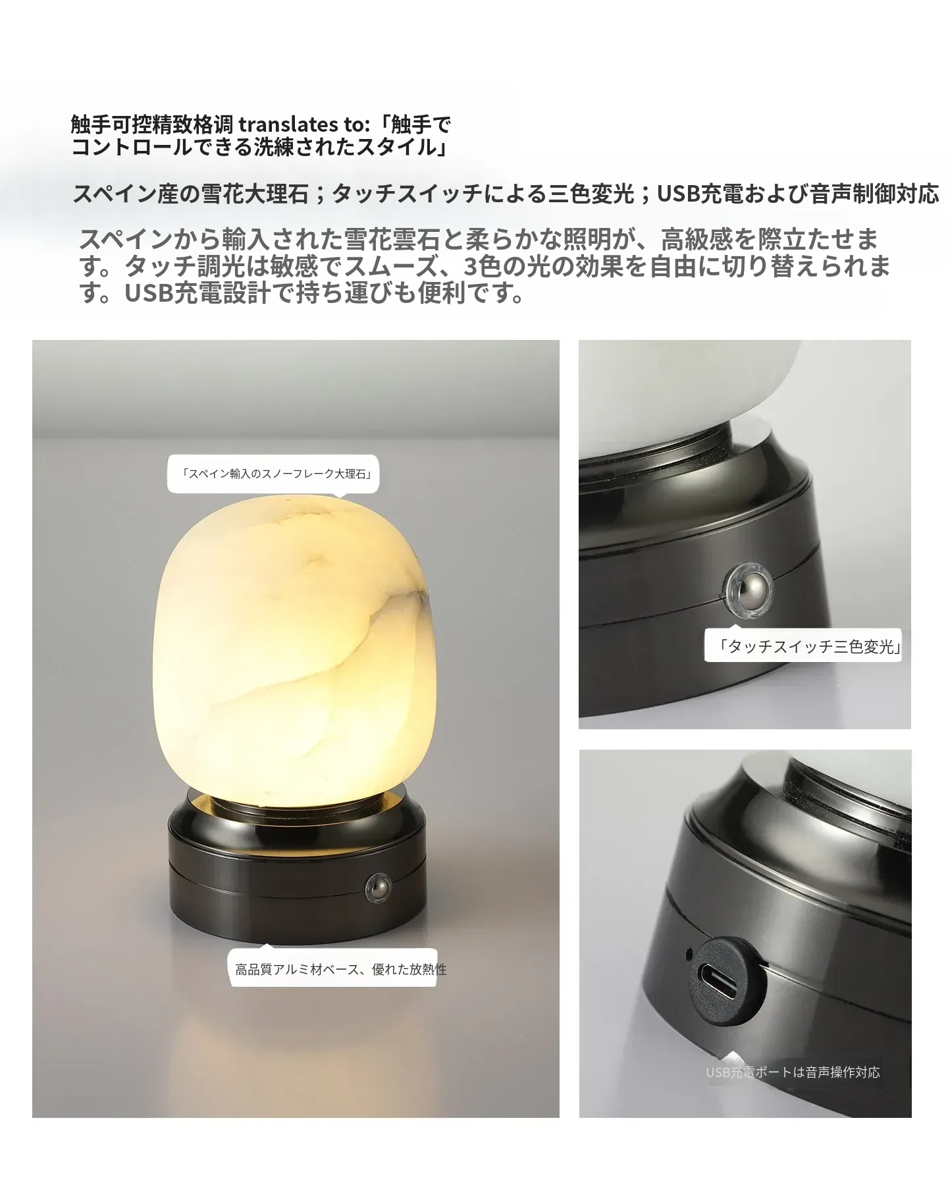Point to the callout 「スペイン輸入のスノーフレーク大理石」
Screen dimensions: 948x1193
273,474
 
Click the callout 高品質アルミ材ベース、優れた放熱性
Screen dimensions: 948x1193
341,969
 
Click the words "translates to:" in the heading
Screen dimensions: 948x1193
301,124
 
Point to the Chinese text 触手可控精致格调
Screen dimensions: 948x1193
152,124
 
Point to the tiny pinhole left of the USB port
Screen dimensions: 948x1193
689,952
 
